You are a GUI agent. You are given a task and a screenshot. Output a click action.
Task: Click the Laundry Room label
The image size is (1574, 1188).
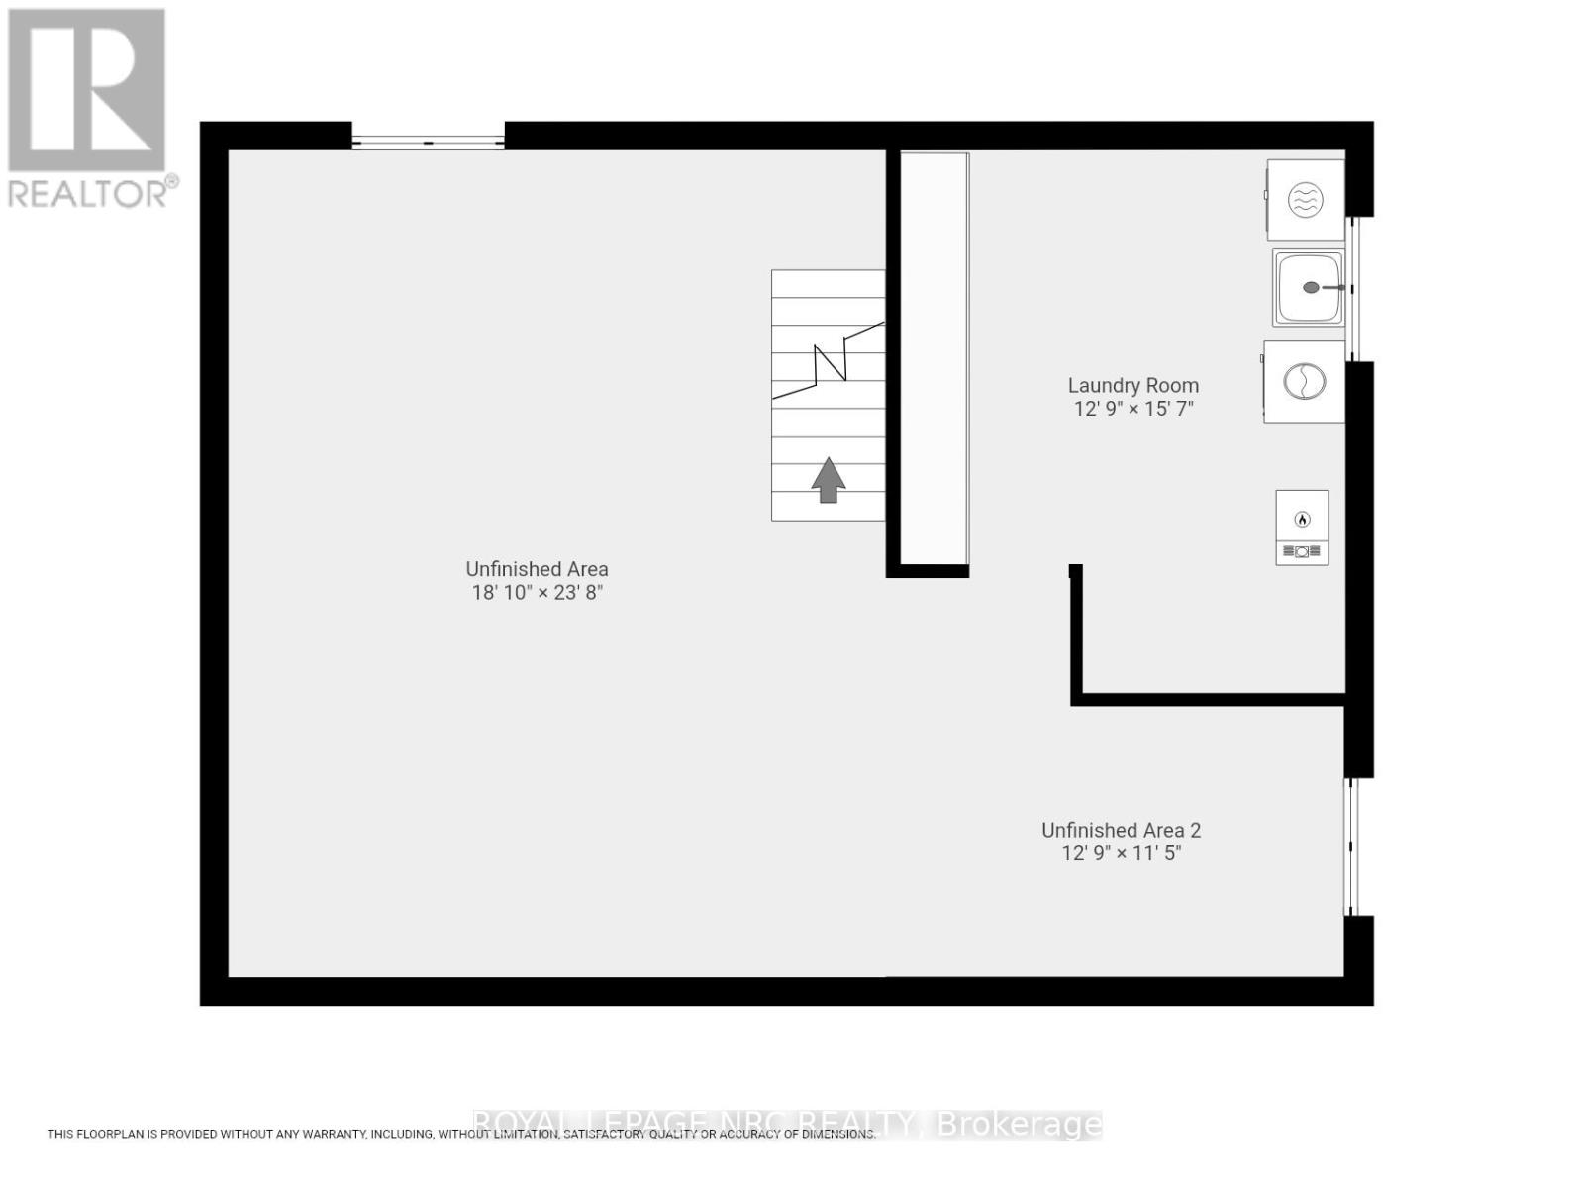point(1132,386)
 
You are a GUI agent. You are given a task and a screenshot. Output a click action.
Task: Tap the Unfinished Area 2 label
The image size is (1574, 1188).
point(1121,831)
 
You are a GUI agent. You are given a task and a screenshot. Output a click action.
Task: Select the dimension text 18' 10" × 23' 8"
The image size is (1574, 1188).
point(537,593)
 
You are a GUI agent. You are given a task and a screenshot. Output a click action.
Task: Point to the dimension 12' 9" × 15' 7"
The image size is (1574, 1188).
point(1133,409)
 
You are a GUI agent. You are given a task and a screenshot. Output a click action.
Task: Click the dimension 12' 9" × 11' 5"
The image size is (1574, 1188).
point(1121,853)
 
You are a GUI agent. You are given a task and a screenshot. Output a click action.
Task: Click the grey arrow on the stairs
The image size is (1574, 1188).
point(829,480)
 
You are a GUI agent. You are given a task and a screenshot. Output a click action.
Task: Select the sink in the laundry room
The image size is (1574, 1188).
point(1308,287)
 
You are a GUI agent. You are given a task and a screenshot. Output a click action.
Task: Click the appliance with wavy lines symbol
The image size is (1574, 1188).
point(1305,200)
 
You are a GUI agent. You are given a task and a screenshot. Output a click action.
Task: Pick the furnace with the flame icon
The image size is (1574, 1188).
point(1302,528)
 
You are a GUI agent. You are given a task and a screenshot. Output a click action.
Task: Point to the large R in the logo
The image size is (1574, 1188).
point(87,89)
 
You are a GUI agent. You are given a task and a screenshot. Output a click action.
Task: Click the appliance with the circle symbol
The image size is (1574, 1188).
point(1304,381)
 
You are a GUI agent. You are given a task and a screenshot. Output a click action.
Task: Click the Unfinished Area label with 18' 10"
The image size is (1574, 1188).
point(537,569)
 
